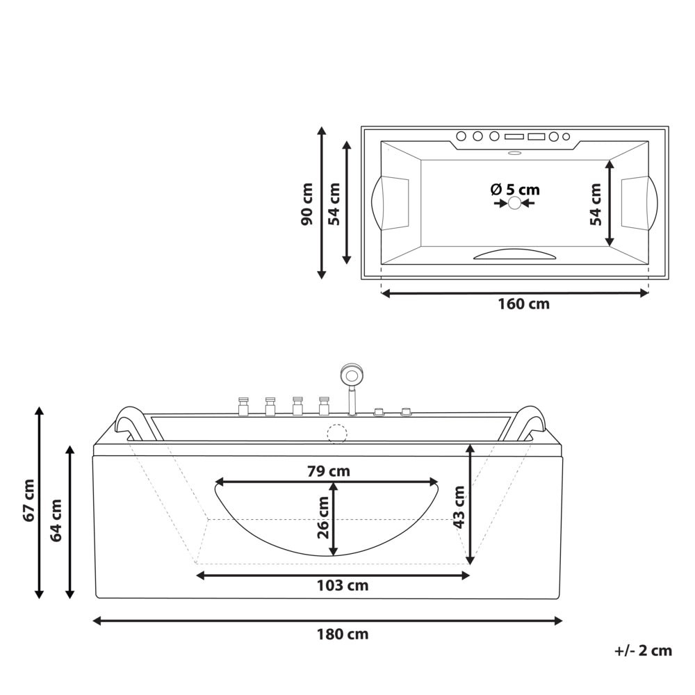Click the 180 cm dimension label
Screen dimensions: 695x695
[x=342, y=635]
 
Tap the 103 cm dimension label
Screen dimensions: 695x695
[x=342, y=585]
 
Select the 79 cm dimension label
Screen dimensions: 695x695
[x=329, y=471]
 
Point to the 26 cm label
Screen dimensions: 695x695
[x=323, y=518]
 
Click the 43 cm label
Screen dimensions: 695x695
[x=459, y=507]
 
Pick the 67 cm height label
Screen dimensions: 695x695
[x=29, y=500]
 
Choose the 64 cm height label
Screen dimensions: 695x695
[x=56, y=521]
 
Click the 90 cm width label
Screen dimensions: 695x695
[x=306, y=204]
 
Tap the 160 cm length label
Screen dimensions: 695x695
[x=523, y=304]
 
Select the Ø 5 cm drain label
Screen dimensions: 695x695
[x=515, y=190]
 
